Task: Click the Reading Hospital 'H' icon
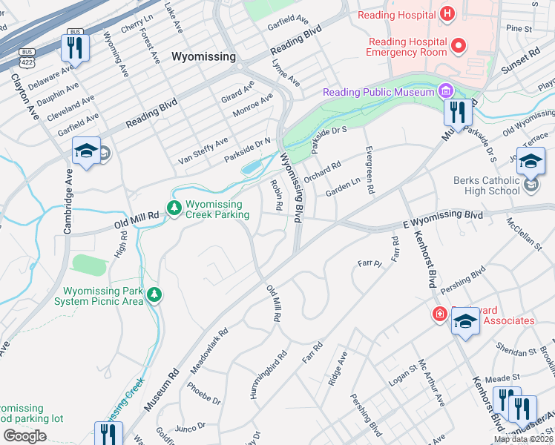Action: [447, 13]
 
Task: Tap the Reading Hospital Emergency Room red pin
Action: [458, 46]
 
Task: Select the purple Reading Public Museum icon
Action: [445, 92]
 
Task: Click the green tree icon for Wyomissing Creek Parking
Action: [174, 208]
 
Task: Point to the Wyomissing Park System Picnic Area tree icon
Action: [154, 295]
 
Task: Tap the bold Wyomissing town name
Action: [203, 56]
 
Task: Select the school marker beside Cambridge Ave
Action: [86, 152]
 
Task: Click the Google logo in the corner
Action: [24, 436]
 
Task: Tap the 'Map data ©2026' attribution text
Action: [524, 439]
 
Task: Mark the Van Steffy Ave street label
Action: [203, 151]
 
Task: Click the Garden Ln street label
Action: [343, 186]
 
